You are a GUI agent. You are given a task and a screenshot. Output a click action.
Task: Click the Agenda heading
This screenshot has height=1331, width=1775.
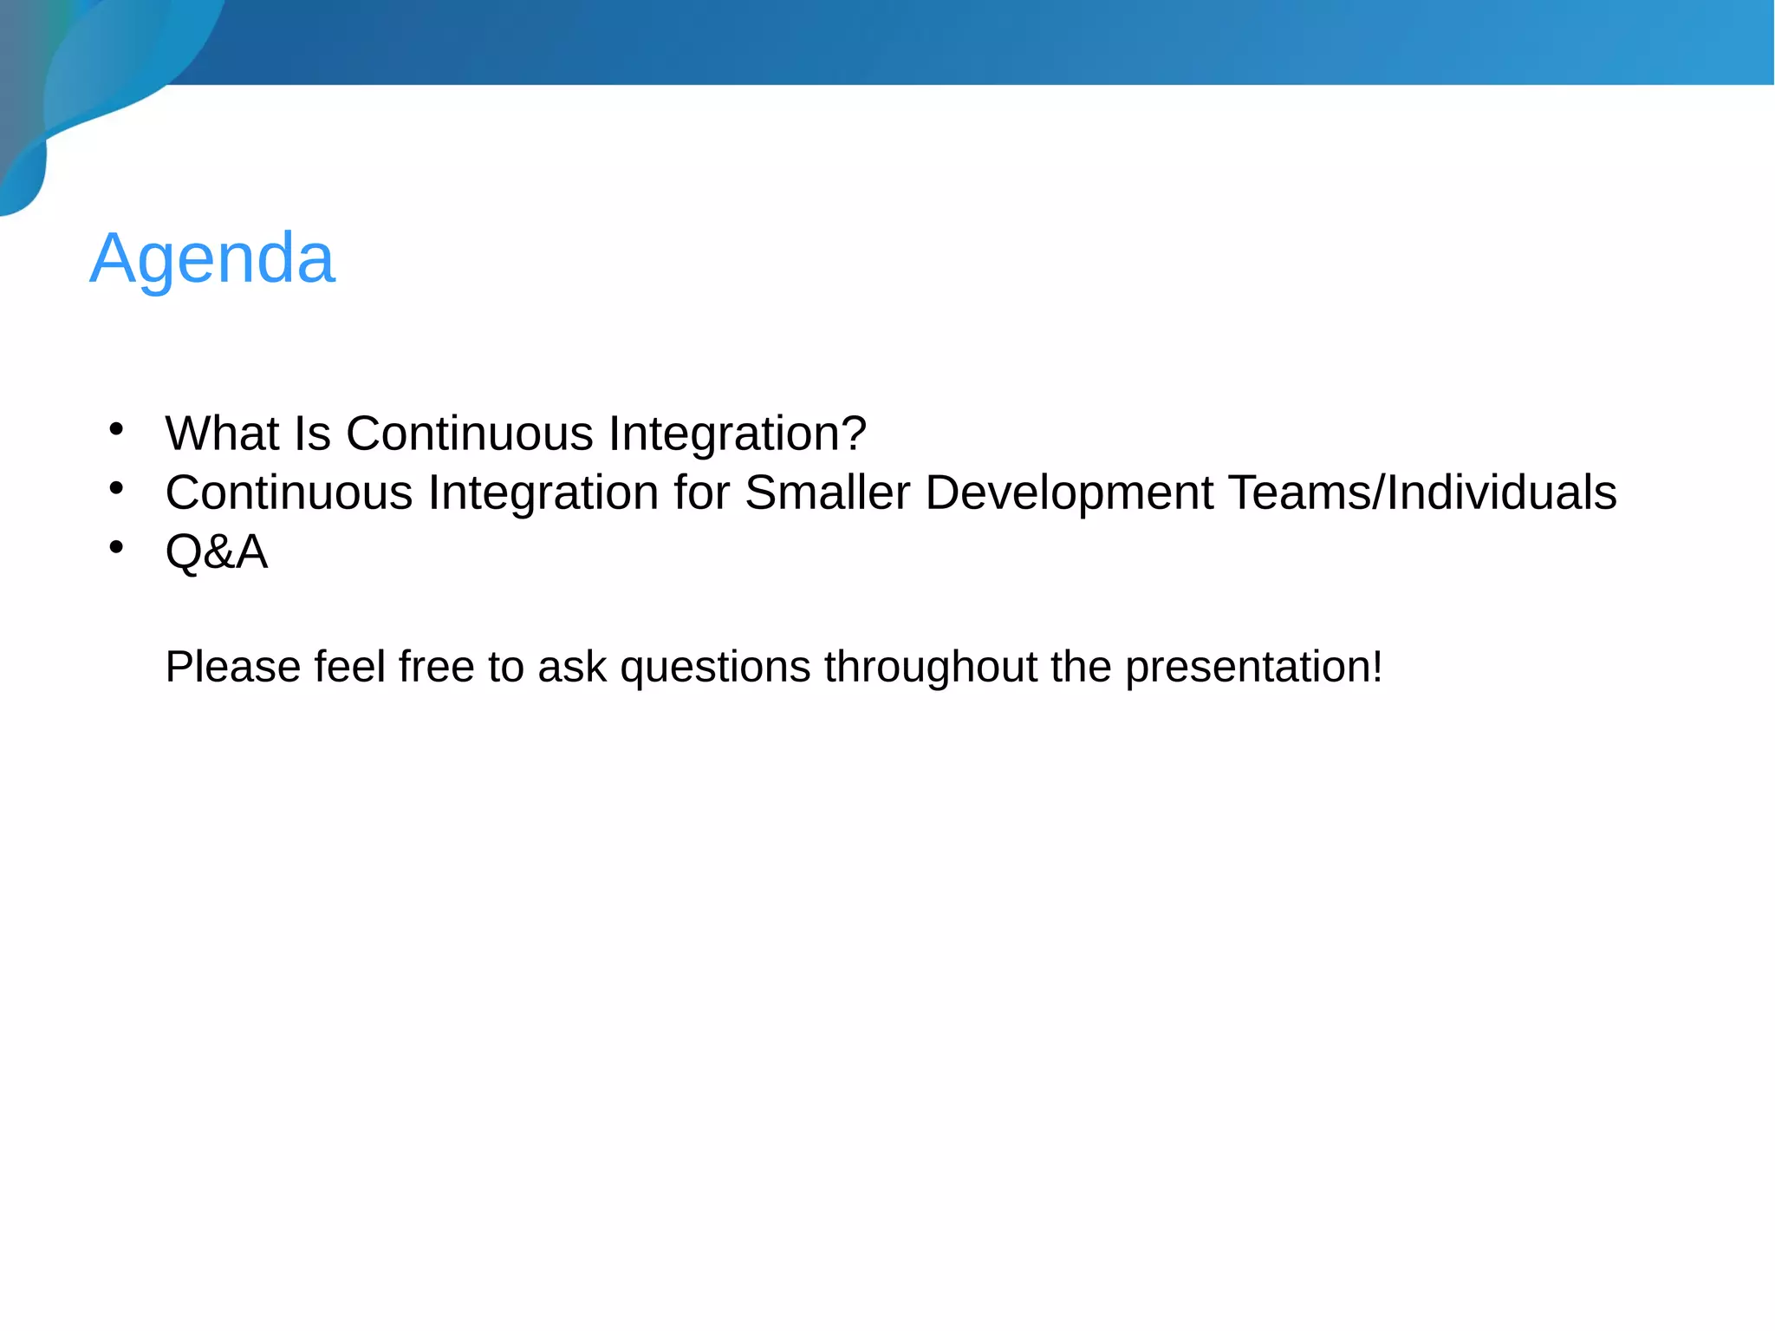tap(212, 258)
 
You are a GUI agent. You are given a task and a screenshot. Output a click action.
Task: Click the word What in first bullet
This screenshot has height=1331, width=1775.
tap(221, 433)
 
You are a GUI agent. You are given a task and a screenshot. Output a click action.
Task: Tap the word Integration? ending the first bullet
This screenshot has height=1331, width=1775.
tap(737, 433)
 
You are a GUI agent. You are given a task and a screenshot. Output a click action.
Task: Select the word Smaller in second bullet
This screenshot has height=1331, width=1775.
tap(827, 493)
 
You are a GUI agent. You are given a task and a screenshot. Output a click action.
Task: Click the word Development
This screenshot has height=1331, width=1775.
tap(1069, 493)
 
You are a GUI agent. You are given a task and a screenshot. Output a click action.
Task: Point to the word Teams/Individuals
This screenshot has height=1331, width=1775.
tap(1422, 493)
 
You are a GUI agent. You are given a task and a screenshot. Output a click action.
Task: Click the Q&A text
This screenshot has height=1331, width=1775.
tap(217, 551)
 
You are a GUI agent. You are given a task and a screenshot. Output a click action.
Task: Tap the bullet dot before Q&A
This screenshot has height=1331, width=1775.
tap(116, 547)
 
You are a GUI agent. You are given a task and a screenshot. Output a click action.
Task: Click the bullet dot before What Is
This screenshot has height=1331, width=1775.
tap(116, 428)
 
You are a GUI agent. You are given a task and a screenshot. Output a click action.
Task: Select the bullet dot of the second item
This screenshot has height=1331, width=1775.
tap(116, 488)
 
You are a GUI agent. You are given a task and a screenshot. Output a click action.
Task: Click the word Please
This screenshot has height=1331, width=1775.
tap(232, 667)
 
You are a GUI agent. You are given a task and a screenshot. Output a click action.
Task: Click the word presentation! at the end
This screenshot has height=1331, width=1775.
tap(1253, 667)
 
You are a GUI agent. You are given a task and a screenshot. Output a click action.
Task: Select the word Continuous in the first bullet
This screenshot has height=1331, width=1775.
tap(469, 433)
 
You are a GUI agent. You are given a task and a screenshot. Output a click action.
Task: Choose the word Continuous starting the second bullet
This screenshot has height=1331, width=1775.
tap(289, 493)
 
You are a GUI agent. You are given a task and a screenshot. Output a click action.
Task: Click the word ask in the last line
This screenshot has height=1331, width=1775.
tap(571, 667)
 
